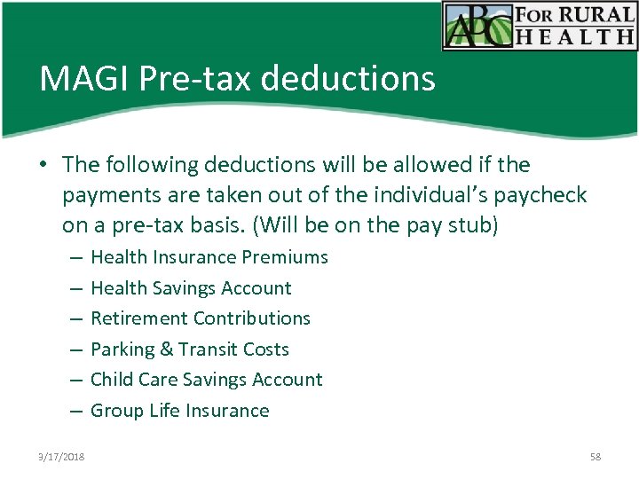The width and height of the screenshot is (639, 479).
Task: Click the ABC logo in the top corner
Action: pos(480,25)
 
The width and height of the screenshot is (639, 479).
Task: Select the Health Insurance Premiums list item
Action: pos(209,257)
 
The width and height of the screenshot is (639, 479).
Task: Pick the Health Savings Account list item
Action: pos(191,288)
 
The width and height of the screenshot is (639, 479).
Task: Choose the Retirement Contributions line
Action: pos(201,318)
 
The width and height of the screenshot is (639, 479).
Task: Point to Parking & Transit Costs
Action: pos(190,349)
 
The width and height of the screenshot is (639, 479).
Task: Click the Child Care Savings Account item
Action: pos(207,380)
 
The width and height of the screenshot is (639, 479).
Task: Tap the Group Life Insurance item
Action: pos(180,411)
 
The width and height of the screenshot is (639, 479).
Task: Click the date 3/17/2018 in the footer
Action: pos(62,457)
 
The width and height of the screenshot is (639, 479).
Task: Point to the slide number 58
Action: pos(595,457)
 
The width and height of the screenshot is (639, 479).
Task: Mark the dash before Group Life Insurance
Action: pos(75,411)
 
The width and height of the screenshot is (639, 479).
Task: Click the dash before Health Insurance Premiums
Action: pos(75,257)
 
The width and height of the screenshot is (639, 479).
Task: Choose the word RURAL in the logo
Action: pos(596,15)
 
